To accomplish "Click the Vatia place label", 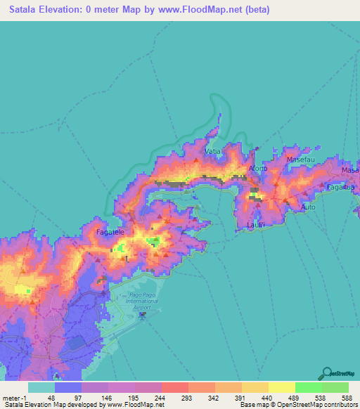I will tap(212, 151).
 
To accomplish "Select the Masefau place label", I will tap(300, 160).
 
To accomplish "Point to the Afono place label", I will tap(257, 170).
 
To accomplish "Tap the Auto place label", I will tap(308, 208).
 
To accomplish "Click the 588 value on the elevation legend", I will tap(347, 398).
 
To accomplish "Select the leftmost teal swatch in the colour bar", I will tap(41, 387).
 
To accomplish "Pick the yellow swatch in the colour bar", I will tap(281, 387).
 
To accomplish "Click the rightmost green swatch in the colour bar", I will tap(335, 387).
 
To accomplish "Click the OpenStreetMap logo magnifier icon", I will tap(326, 373).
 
